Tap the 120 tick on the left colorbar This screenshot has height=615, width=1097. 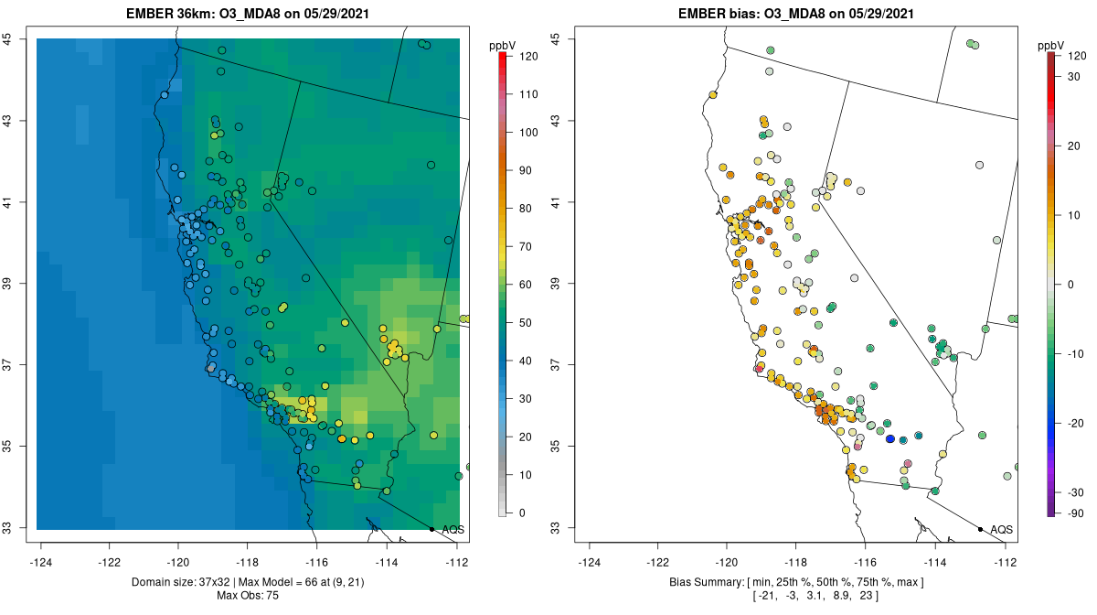(x=528, y=56)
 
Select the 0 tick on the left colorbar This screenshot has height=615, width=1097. (x=522, y=512)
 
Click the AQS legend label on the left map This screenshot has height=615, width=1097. (x=453, y=530)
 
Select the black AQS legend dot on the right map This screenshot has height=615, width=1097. (x=980, y=529)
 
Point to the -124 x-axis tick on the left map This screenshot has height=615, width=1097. (x=41, y=562)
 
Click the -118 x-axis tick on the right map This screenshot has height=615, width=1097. (x=796, y=562)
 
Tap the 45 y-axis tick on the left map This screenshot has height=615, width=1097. (x=6, y=38)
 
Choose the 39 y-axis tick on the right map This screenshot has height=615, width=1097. (x=555, y=284)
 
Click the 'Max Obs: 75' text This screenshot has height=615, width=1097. (x=248, y=596)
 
